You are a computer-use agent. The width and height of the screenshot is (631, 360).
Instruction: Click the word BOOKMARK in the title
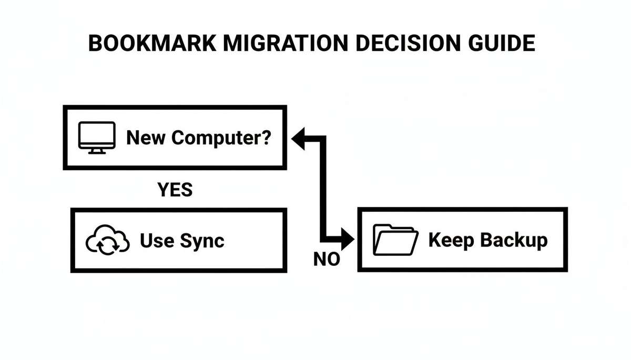(152, 44)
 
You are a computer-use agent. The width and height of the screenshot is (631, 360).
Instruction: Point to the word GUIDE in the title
(501, 44)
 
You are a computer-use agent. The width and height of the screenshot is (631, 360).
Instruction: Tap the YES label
(175, 190)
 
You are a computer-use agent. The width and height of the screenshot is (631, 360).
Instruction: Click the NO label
(327, 259)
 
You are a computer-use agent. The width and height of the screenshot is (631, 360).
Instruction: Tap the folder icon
(395, 241)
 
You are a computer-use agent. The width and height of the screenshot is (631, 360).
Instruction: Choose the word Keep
(449, 240)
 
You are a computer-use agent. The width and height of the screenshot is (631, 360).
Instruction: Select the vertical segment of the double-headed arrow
(322, 190)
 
